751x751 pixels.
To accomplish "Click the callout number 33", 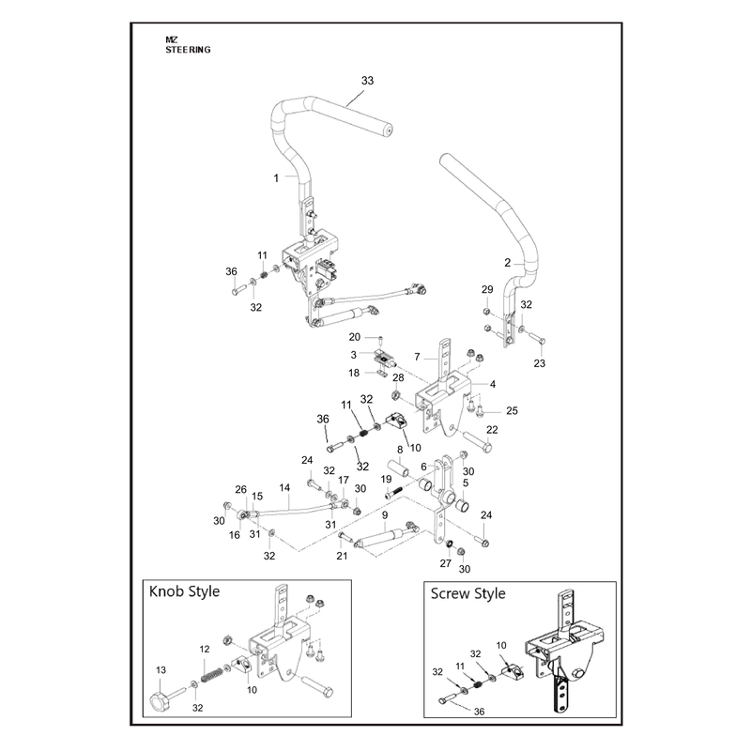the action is [x=367, y=81].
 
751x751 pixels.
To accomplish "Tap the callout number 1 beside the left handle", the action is [x=276, y=178].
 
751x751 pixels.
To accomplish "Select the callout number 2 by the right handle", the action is [x=508, y=263].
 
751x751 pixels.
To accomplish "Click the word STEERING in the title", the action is [x=189, y=50].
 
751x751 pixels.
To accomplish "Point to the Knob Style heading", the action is [x=184, y=592].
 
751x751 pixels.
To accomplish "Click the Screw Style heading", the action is [x=467, y=594].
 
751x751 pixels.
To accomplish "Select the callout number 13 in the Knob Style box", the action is [x=161, y=669].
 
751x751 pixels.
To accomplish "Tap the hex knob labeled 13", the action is [x=158, y=700].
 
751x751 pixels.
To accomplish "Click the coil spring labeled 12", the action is [x=211, y=674].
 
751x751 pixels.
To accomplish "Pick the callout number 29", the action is [x=487, y=289].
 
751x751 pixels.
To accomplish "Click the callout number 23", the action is [x=539, y=363].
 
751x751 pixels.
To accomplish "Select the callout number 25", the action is [x=512, y=411].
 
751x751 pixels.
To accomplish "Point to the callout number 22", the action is [x=492, y=430].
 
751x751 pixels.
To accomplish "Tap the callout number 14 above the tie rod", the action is [x=284, y=487].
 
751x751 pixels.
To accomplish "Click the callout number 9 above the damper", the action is [x=385, y=514].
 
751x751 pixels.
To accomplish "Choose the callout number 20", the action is [x=355, y=337].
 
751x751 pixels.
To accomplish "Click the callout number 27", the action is [x=445, y=563].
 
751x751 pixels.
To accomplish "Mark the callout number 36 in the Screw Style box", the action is [x=480, y=712].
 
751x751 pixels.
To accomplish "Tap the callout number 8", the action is [x=400, y=450].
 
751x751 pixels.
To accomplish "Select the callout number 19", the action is [x=386, y=480].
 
